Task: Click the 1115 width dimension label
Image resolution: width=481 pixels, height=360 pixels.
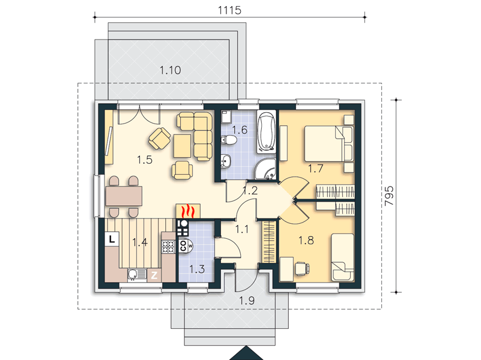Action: (x=229, y=10)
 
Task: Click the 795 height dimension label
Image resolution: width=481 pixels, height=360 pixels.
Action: (x=389, y=196)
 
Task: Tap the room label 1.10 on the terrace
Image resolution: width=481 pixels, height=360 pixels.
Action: (x=171, y=70)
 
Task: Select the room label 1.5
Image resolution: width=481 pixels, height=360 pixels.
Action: (x=145, y=160)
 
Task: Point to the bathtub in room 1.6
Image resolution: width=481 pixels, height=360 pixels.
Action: (x=266, y=133)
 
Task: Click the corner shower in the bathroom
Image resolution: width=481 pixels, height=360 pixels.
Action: (x=265, y=169)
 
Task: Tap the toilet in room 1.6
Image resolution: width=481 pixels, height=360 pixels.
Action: (x=229, y=140)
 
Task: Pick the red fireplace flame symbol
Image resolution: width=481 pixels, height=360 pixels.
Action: (x=188, y=211)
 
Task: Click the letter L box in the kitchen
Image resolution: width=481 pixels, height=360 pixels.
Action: (x=112, y=239)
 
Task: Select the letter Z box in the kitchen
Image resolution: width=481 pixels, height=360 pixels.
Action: (x=154, y=275)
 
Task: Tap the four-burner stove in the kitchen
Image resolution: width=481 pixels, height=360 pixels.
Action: (x=168, y=247)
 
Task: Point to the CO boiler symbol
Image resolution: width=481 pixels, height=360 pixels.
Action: (x=186, y=245)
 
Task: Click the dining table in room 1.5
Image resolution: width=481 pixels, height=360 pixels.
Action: (x=124, y=196)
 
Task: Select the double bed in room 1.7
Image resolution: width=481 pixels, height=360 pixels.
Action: (x=329, y=143)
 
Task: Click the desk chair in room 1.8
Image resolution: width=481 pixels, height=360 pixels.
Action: (x=303, y=268)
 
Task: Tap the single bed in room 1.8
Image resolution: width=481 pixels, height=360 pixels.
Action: (x=343, y=257)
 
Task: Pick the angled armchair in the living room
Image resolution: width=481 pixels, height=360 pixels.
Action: (x=160, y=139)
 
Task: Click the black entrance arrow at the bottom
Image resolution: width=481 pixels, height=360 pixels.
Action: (x=246, y=353)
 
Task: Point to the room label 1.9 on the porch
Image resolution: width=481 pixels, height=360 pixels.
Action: (x=247, y=301)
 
